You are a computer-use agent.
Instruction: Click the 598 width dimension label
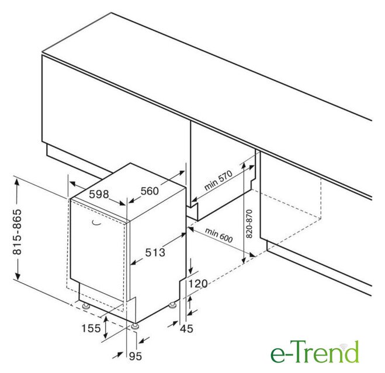coord(99,194)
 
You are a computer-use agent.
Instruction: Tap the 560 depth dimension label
coord(150,191)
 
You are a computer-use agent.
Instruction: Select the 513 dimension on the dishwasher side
coord(155,252)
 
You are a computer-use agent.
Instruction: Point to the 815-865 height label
coord(17,232)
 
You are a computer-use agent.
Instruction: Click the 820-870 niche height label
coord(249,224)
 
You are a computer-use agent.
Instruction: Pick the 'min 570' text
coord(218,181)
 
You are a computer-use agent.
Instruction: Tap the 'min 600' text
coord(218,235)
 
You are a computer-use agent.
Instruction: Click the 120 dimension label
coord(198,284)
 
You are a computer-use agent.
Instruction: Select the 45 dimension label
coord(186,329)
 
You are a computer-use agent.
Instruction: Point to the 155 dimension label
coord(91,328)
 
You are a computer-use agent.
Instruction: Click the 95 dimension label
coord(136,356)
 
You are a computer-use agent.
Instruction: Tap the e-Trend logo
coord(315,351)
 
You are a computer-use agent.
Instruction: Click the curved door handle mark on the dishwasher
coord(97,223)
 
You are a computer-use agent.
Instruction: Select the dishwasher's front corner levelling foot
coord(136,327)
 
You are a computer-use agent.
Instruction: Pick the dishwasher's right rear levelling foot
coord(172,305)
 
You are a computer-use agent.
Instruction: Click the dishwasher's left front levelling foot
coord(86,306)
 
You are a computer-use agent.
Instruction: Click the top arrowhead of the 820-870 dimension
coord(243,167)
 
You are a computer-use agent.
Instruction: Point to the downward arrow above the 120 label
coord(190,266)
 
